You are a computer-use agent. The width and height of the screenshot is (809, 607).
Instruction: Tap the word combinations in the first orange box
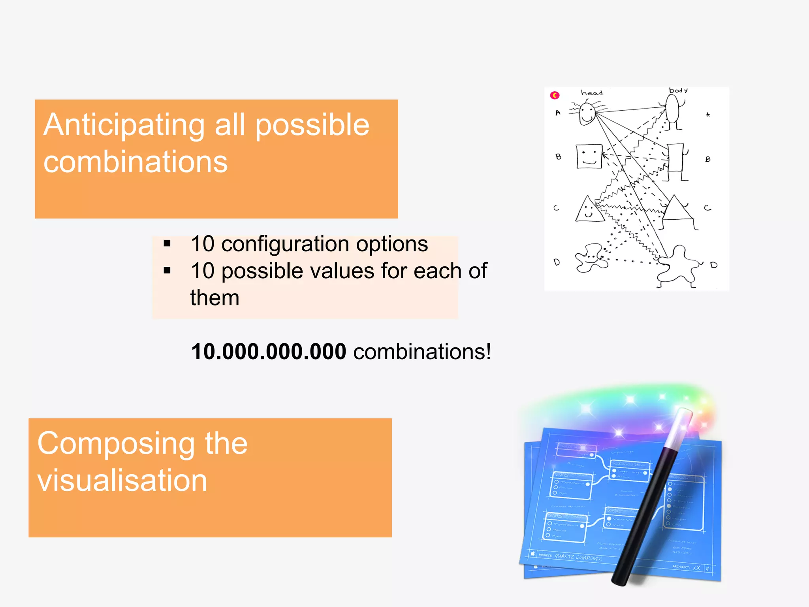coord(135,162)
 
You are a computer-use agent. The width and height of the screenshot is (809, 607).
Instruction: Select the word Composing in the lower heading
coord(116,444)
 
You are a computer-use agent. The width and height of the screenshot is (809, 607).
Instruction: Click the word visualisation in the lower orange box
coord(122,481)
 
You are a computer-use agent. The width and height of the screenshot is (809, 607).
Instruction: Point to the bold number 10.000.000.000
coord(269,352)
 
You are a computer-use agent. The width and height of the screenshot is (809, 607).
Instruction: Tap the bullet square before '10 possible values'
coord(167,271)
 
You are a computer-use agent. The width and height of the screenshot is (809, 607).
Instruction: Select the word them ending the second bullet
coord(214,298)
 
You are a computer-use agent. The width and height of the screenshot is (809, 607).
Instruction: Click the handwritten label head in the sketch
coord(592,93)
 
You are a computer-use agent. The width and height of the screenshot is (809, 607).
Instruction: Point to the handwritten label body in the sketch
coord(678,90)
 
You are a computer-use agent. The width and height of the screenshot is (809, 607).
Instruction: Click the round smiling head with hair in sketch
coord(587,113)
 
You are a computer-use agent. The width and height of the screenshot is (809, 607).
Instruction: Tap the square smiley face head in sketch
coord(589,156)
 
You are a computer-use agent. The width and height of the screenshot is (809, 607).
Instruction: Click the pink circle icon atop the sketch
coord(555,95)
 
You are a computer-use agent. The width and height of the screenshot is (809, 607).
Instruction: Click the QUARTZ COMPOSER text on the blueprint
coord(578,557)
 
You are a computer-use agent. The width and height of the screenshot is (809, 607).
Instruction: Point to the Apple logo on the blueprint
coord(532,554)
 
